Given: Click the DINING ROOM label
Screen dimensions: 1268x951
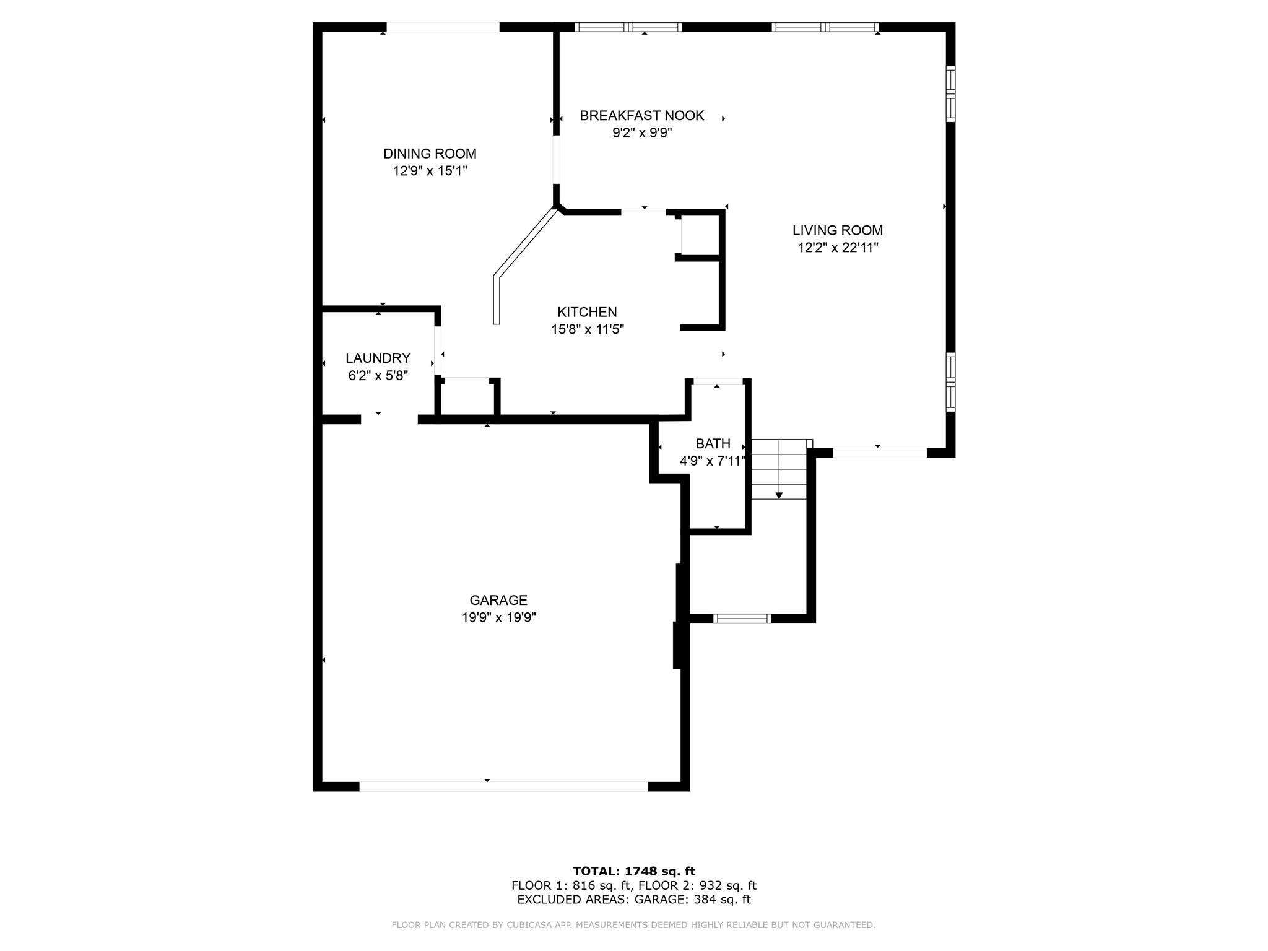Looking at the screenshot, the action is click(x=430, y=154).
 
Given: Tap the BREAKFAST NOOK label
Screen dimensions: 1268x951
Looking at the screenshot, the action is click(x=642, y=116).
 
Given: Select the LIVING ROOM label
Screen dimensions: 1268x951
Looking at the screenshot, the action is click(x=838, y=230).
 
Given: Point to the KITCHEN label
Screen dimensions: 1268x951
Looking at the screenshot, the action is click(x=587, y=312).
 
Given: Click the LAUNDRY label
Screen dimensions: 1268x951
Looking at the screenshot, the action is click(x=378, y=358).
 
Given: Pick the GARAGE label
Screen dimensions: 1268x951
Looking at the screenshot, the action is click(x=498, y=600).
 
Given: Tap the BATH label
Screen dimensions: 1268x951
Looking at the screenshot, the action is click(x=713, y=443).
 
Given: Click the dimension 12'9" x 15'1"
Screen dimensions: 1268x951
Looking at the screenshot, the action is click(x=430, y=171).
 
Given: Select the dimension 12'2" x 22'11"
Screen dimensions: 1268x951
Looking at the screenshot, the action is click(x=838, y=248).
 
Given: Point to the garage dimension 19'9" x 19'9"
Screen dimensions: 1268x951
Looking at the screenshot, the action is click(x=498, y=617).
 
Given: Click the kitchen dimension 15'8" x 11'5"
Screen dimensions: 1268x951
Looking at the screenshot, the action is click(x=587, y=329).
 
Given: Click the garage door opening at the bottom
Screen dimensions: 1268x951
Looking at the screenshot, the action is click(x=503, y=786).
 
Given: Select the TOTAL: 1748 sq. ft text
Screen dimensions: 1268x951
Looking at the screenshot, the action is click(x=634, y=871).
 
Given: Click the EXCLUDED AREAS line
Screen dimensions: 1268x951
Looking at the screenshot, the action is click(x=634, y=900).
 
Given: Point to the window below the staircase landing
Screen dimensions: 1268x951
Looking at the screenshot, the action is click(x=742, y=618).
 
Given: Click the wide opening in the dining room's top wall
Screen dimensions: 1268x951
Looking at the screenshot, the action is click(x=443, y=27).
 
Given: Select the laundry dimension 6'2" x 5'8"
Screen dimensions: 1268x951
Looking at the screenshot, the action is click(x=378, y=375).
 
